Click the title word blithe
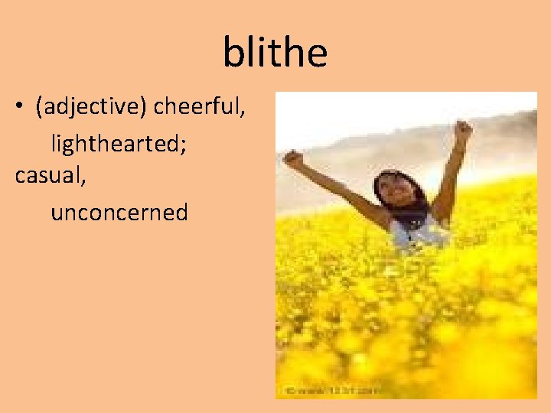275,52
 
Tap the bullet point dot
19,108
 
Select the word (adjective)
92,109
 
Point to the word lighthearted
117,143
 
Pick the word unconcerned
119,212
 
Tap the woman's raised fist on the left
293,159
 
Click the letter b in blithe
232,52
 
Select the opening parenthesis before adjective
38,109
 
